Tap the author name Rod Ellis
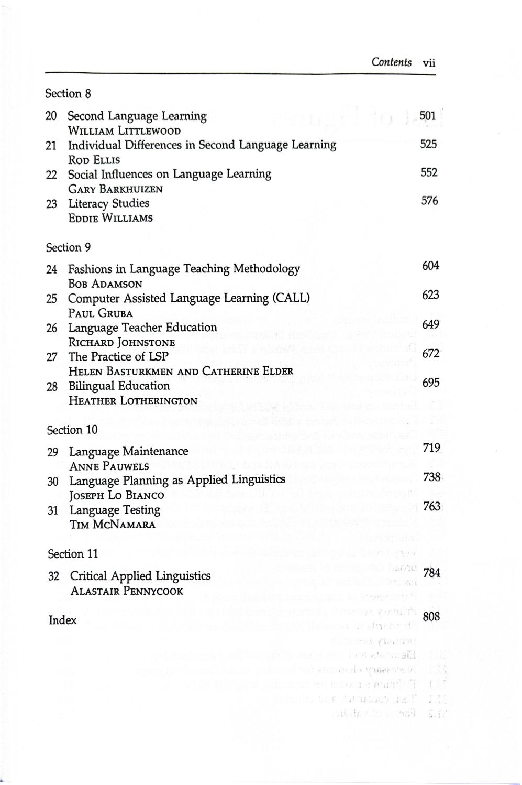tap(94, 160)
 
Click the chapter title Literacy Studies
tap(109, 203)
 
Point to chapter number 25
tap(51, 299)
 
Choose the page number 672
tap(430, 354)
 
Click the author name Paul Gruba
tap(101, 313)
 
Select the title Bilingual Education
tap(119, 386)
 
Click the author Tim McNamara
tap(112, 525)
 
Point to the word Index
tap(62, 620)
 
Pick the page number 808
tap(431, 616)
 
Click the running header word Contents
tap(391, 62)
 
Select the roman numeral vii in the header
tap(429, 63)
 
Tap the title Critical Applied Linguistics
tap(140, 575)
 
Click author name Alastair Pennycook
tap(127, 591)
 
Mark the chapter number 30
tap(53, 481)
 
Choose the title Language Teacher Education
tap(142, 328)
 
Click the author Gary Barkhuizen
tap(115, 189)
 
